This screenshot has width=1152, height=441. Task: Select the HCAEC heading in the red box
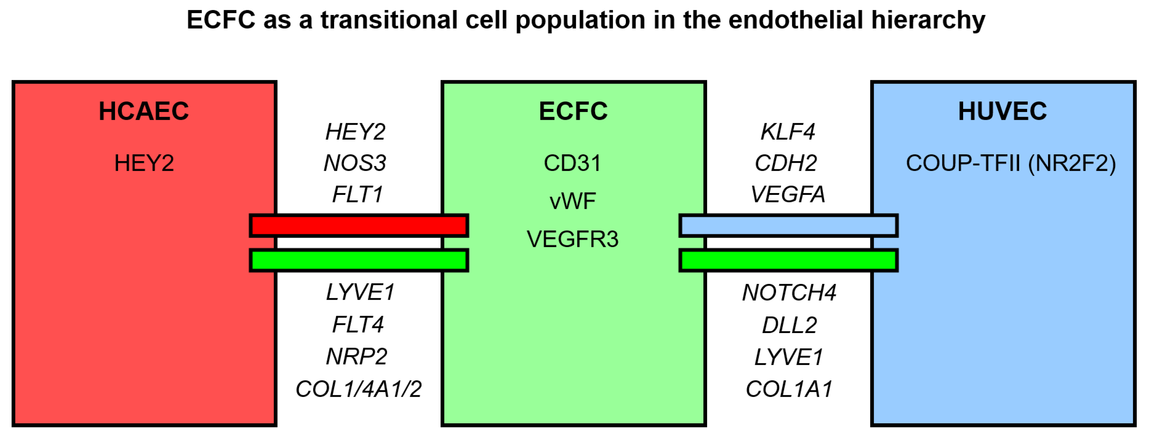pyautogui.click(x=143, y=111)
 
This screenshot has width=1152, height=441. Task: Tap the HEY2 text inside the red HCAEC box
pyautogui.click(x=143, y=163)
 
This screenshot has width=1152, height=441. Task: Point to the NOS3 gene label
pyautogui.click(x=355, y=163)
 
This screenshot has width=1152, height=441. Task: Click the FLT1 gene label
pyautogui.click(x=357, y=194)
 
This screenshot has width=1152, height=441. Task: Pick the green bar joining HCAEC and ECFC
pyautogui.click(x=359, y=260)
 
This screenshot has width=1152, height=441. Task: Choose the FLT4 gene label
pyautogui.click(x=358, y=324)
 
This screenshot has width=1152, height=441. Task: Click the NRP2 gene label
pyautogui.click(x=356, y=357)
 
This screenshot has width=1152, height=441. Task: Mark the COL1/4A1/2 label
pyautogui.click(x=358, y=389)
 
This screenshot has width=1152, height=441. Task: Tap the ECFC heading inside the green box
pyautogui.click(x=573, y=111)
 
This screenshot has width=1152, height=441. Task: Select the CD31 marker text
pyautogui.click(x=572, y=163)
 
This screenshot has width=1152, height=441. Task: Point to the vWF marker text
pyautogui.click(x=572, y=201)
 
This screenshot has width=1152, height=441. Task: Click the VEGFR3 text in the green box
pyautogui.click(x=572, y=239)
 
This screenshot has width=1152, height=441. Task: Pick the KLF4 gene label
pyautogui.click(x=788, y=132)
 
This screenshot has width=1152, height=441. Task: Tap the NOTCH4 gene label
pyautogui.click(x=789, y=293)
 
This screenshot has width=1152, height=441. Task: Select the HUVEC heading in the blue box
pyautogui.click(x=1002, y=111)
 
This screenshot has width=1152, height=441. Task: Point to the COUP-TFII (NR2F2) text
pyautogui.click(x=1011, y=163)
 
